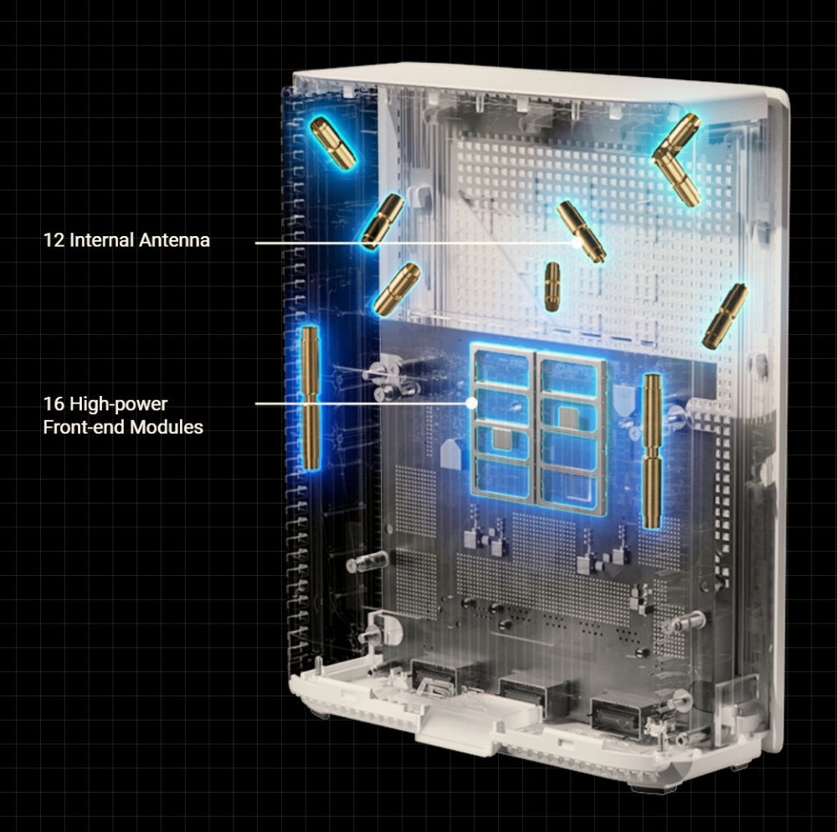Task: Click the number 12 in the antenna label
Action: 54,240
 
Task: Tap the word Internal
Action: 101,240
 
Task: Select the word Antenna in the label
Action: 174,240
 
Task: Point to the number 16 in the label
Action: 54,404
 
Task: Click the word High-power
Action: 119,405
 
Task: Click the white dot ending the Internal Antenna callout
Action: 576,242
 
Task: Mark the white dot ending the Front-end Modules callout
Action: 471,403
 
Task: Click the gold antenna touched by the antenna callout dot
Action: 581,232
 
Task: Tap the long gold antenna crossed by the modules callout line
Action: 311,398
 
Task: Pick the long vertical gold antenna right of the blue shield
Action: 652,451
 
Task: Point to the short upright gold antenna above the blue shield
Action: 552,286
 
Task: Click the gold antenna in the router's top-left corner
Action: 332,144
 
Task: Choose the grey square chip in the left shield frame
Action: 501,439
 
